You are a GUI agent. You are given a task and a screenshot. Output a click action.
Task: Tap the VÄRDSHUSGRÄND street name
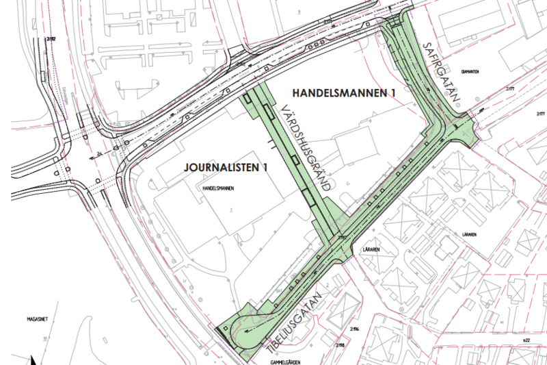coord(306,147)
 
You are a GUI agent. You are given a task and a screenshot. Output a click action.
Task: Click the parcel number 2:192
coord(51,40)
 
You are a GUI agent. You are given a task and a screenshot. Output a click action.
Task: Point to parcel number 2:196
coord(353,329)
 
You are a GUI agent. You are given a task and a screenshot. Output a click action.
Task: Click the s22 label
coord(526,340)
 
